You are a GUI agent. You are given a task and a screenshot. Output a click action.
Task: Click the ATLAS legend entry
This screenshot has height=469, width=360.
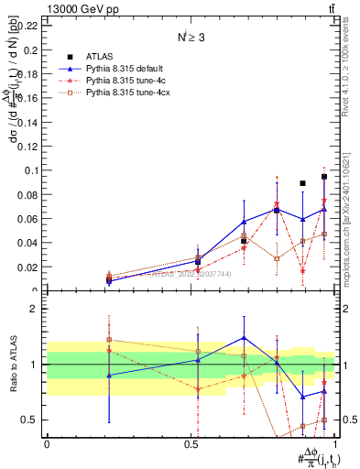coord(101,57)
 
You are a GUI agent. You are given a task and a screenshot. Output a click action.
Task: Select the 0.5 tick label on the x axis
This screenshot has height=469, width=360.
coord(192,443)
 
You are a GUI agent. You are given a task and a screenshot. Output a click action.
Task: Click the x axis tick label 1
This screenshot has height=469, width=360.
coord(339,443)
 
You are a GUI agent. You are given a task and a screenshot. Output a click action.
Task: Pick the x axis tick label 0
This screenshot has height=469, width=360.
coord(47,443)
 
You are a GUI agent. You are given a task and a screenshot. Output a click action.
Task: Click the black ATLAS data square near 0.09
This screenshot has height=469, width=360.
coord(302,183)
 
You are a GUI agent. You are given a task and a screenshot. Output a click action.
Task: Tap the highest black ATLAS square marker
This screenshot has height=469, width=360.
coord(324,176)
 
